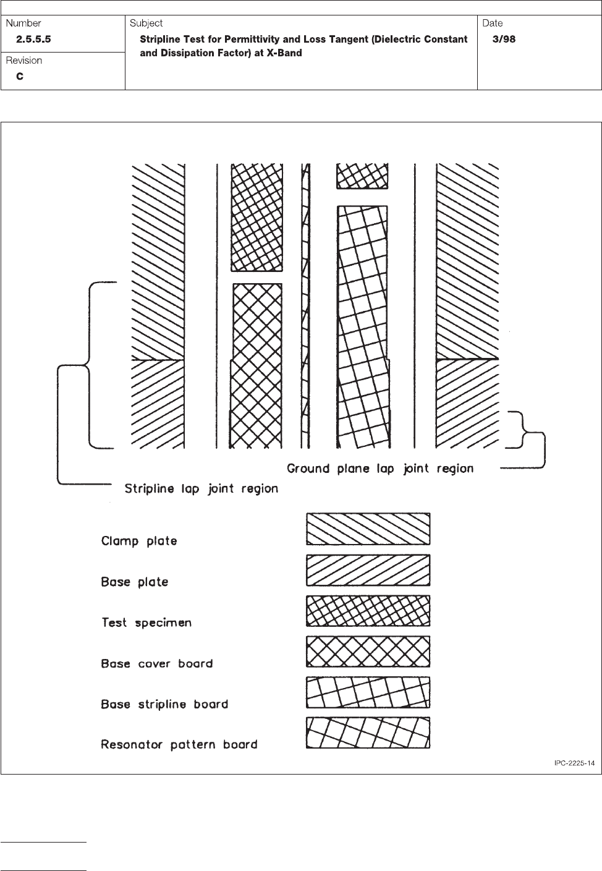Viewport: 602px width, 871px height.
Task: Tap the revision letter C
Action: click(x=20, y=77)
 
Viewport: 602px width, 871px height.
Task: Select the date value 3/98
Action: click(x=504, y=40)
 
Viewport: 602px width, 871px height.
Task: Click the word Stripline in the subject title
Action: click(x=161, y=40)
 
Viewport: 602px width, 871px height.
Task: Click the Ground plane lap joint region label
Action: click(x=380, y=469)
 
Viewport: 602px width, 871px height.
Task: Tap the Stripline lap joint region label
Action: click(x=201, y=489)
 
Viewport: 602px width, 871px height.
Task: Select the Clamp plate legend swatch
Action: click(x=368, y=529)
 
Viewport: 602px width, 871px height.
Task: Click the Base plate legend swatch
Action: click(x=368, y=570)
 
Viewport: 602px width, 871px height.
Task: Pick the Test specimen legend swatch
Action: click(x=368, y=611)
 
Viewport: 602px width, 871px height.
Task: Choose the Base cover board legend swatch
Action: click(x=368, y=652)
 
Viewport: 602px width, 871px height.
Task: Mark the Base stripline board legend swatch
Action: click(x=368, y=692)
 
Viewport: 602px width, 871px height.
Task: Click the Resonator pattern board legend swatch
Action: click(x=368, y=733)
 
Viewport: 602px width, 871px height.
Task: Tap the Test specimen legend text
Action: click(x=146, y=622)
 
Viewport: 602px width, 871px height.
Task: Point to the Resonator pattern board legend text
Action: click(x=179, y=744)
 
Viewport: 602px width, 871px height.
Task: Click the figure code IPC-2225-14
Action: click(x=574, y=763)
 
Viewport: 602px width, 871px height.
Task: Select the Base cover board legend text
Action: click(x=157, y=663)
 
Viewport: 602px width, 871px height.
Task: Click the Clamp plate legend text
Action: click(x=139, y=541)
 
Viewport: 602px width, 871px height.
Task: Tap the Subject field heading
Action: click(x=146, y=23)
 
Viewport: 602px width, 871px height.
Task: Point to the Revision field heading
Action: click(x=24, y=61)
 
